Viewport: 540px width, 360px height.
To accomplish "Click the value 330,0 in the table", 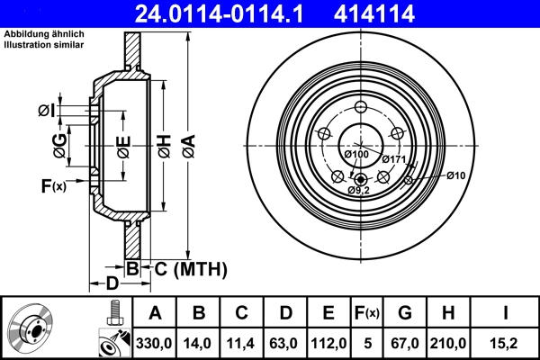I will (x=154, y=343).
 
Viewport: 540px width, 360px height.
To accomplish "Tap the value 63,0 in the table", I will (x=286, y=343).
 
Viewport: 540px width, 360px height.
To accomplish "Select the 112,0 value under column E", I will (x=328, y=343).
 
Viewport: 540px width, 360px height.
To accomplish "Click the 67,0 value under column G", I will (x=405, y=343).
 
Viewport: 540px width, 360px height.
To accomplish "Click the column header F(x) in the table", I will (x=366, y=313).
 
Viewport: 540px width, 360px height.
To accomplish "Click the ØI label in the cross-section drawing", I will (x=47, y=111).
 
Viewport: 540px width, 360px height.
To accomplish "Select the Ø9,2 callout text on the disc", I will (x=360, y=190).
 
